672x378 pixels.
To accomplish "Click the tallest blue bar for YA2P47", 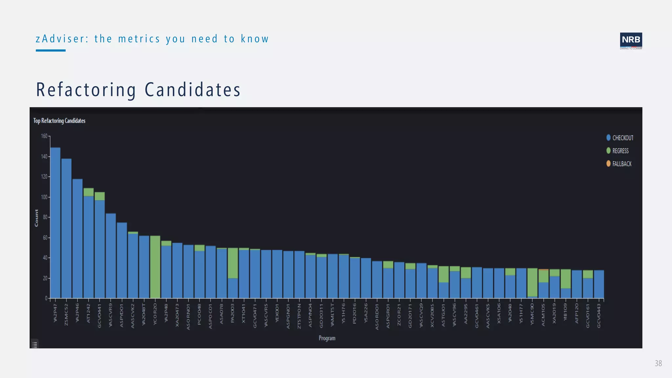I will click(x=55, y=223).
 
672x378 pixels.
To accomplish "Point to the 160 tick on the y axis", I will click(x=44, y=136).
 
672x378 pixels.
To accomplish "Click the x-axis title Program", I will click(x=327, y=338).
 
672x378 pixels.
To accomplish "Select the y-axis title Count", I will click(x=36, y=218).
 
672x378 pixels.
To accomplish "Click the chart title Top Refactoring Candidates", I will click(x=59, y=121).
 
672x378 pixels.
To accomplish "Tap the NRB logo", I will click(x=631, y=40).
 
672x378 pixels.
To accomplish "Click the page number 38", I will click(x=658, y=364).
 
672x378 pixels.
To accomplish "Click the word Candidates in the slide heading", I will click(x=193, y=90).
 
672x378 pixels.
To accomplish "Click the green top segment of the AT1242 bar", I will click(x=89, y=192).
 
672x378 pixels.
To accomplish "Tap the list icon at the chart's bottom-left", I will click(x=35, y=345).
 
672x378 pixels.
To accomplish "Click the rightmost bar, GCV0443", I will click(x=599, y=284).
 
